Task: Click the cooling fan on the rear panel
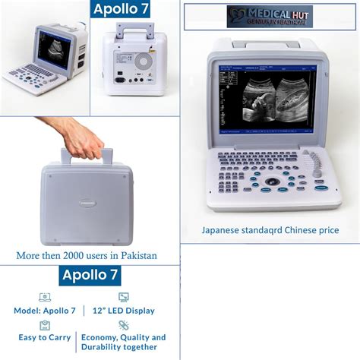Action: tap(143, 59)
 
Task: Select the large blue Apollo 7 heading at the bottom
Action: tap(90, 274)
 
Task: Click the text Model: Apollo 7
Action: tap(45, 311)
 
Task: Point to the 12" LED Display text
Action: tap(125, 311)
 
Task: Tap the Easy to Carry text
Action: tap(45, 337)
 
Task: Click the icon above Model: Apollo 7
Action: tap(45, 297)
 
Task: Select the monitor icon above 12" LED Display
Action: tap(124, 297)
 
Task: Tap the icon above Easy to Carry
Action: tap(45, 324)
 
